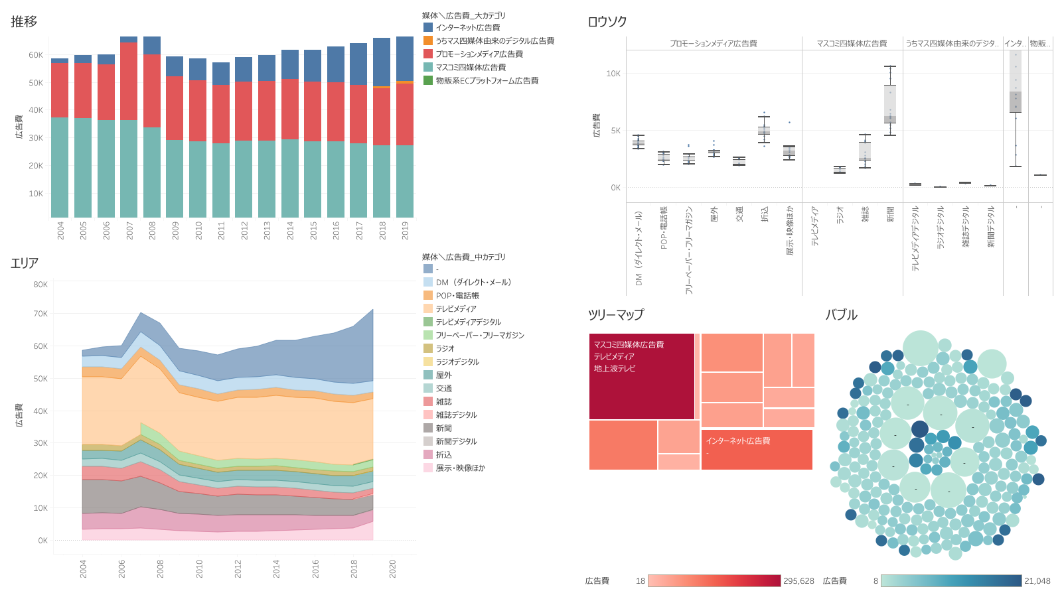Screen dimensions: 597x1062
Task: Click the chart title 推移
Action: click(24, 22)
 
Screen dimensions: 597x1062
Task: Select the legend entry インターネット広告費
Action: click(467, 28)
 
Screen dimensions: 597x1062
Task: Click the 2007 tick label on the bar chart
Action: click(129, 230)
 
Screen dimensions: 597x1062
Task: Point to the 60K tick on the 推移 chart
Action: click(36, 55)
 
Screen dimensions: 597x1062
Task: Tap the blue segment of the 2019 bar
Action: click(405, 58)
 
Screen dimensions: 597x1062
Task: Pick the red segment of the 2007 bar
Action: click(129, 81)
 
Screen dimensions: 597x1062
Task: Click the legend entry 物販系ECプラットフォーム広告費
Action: click(487, 81)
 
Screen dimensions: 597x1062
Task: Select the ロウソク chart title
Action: click(607, 22)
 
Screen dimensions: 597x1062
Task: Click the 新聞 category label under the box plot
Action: click(890, 214)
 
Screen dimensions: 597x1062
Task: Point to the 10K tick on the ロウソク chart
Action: click(613, 74)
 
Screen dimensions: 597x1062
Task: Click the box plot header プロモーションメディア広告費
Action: click(713, 44)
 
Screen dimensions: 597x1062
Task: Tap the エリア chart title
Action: click(25, 263)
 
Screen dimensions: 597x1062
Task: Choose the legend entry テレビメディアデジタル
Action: click(468, 322)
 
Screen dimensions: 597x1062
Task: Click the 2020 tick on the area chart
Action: click(392, 568)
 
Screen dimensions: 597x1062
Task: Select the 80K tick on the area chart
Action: click(40, 285)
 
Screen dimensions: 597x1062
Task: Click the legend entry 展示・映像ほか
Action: click(460, 468)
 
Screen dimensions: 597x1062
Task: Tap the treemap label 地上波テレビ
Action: click(615, 369)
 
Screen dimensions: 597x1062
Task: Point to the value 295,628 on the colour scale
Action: click(798, 581)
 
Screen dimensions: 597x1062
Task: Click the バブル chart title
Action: click(841, 315)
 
